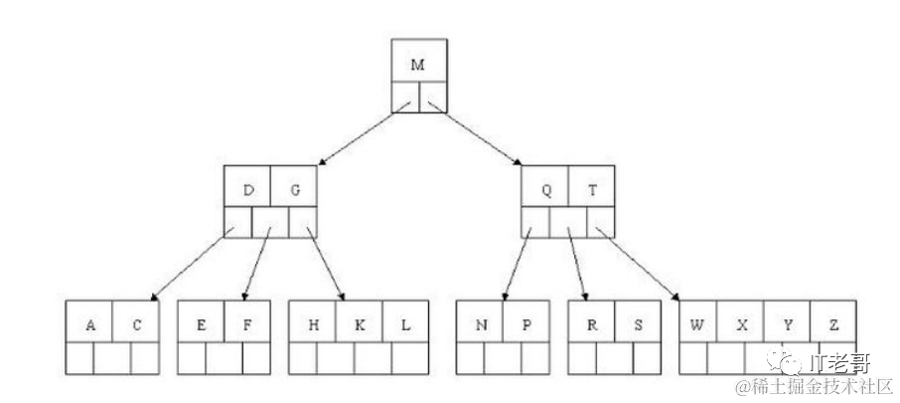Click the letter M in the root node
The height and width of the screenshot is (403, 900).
point(417,64)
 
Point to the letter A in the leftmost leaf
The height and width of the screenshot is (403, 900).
point(90,324)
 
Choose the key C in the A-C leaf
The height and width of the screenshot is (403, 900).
point(136,324)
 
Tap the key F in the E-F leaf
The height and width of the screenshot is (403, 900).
point(247,324)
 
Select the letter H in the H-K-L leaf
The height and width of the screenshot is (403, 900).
point(313,324)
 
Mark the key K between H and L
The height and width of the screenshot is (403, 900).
point(359,324)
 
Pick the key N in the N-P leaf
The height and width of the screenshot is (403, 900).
point(480,324)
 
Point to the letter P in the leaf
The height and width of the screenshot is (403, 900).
point(525,324)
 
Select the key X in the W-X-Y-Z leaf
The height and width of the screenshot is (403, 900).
point(741,324)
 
